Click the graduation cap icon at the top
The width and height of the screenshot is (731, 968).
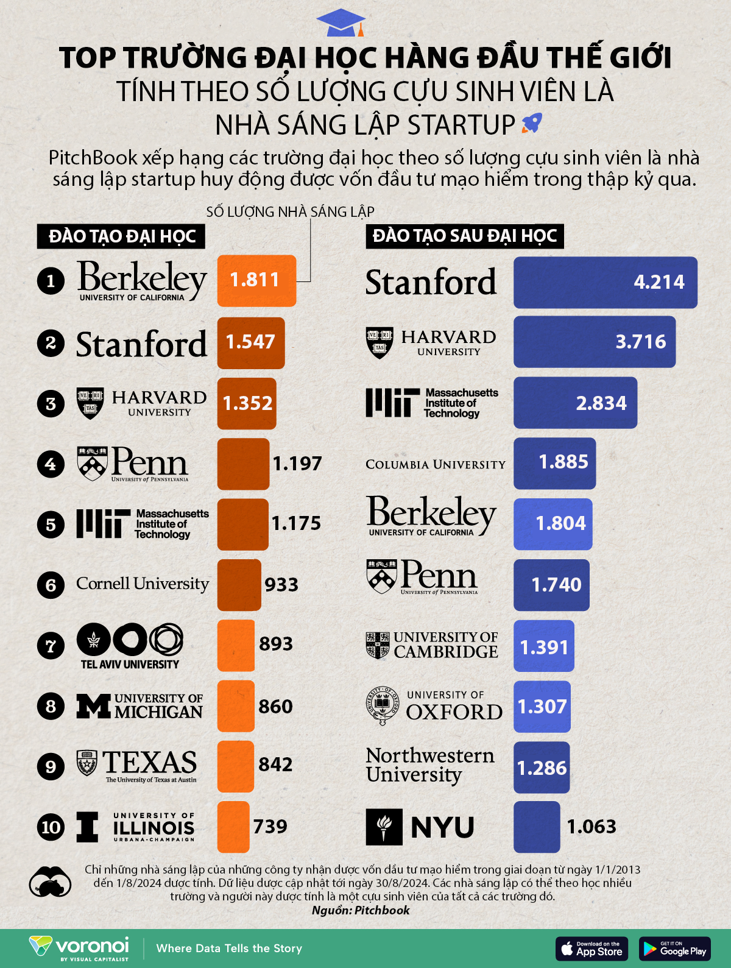tap(341, 23)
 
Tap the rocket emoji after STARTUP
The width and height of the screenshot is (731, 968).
tap(532, 124)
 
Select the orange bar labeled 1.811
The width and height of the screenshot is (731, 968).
tap(256, 281)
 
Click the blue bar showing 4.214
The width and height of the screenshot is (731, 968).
tap(605, 282)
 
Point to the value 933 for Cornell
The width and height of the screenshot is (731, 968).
tap(281, 585)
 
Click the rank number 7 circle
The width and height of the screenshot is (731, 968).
tap(51, 645)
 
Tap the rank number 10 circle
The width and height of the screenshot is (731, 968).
tap(51, 827)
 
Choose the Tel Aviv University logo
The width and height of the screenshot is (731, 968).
tap(130, 646)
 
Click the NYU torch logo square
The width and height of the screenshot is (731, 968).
tap(384, 827)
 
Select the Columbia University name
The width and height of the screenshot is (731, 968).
tap(436, 464)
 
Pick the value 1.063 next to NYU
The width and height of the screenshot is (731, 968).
tap(592, 827)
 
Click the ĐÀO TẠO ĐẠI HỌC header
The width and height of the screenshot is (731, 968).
tap(122, 236)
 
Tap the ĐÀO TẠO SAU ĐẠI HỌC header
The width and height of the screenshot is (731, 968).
tap(465, 236)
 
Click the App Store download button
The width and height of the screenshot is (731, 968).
tap(592, 949)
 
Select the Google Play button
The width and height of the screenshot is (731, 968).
tap(675, 949)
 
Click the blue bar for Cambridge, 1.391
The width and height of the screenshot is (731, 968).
tap(543, 646)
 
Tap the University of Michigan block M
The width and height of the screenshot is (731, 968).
tap(94, 706)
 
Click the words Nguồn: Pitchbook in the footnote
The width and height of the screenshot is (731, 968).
tap(361, 910)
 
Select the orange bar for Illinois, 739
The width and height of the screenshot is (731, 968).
tap(233, 827)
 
